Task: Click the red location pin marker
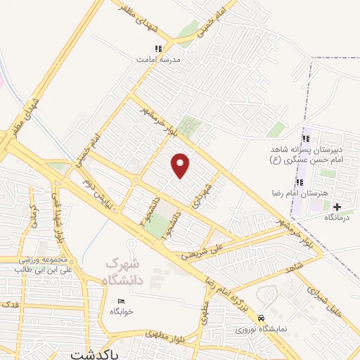point(181,165)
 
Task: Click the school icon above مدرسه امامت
point(158,49)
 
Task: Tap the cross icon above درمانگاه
point(337,207)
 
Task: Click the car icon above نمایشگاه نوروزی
point(262,318)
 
